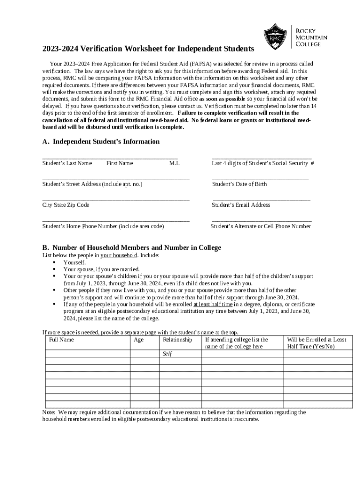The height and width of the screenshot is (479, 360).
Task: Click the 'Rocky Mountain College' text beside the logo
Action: point(311,36)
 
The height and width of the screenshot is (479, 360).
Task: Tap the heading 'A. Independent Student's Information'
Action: point(101,142)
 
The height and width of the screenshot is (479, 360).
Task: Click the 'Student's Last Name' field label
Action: point(67,163)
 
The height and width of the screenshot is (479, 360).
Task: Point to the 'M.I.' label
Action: point(174,163)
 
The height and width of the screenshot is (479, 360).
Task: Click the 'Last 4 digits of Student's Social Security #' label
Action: point(262,163)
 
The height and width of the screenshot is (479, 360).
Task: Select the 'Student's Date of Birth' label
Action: point(239,184)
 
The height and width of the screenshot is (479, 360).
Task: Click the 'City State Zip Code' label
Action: point(65,205)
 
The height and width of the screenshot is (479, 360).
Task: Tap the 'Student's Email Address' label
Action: point(241,205)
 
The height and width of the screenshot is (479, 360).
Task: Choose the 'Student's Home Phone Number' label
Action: point(103,226)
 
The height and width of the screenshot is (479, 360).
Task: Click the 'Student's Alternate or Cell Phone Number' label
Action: point(260,226)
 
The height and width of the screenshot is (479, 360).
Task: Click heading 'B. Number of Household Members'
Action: point(132,247)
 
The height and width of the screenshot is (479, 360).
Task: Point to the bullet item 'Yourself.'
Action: point(75,262)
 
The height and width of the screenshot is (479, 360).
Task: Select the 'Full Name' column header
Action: point(61,340)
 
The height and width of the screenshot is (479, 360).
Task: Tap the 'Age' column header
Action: point(138,340)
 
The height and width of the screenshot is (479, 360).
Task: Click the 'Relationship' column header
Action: point(177,340)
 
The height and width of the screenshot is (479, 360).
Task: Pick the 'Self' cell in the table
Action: point(167,354)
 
